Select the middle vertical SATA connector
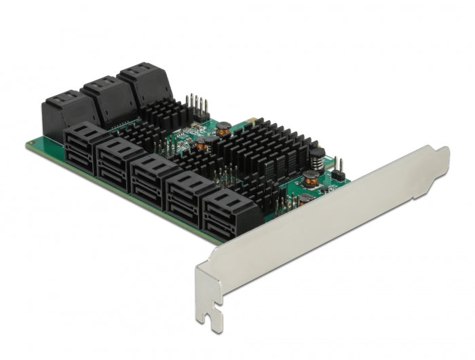pos(109,98)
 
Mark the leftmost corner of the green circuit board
pos(28,144)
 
